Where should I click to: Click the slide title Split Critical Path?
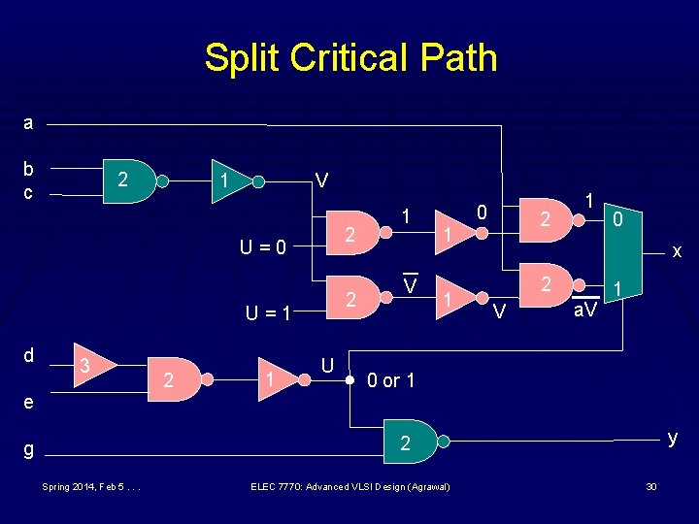coord(349,58)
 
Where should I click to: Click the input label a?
coord(28,123)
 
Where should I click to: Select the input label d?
coord(28,355)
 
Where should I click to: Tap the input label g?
coord(28,449)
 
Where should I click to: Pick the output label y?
coord(670,438)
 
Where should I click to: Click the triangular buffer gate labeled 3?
coord(94,365)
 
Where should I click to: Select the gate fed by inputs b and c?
coord(129,180)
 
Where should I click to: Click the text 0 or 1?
coord(391,380)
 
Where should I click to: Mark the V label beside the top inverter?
coord(321,181)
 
